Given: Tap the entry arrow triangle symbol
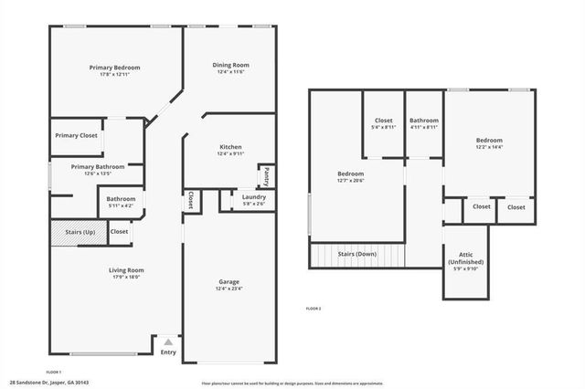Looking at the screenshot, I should tap(168, 342).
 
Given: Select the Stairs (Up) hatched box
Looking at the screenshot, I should tap(79, 232).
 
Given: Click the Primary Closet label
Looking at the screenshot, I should tap(76, 135).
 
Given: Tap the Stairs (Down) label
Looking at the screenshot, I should tap(358, 254).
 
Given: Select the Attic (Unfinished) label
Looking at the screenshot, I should tap(466, 260).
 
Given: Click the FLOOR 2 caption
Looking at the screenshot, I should tap(314, 309).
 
